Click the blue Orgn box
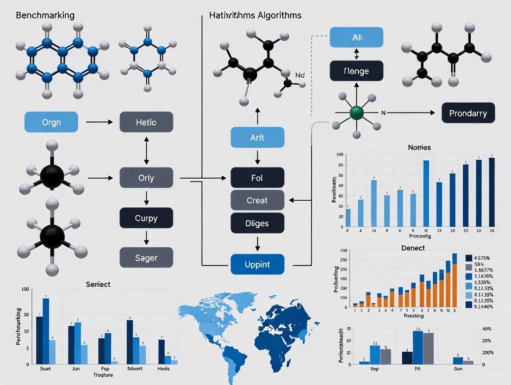(x=51, y=122)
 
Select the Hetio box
(x=146, y=122)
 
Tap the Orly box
(x=146, y=178)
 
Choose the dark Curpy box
(x=146, y=218)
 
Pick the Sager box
(x=146, y=257)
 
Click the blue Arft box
(x=257, y=138)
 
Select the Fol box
(x=257, y=178)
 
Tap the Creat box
(x=257, y=200)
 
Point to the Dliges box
(x=257, y=223)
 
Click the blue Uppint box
(x=257, y=265)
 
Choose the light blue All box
(x=356, y=37)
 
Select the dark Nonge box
(x=356, y=71)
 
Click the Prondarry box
(x=468, y=113)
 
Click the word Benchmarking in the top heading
(x=45, y=15)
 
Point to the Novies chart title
(x=419, y=147)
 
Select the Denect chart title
(x=413, y=248)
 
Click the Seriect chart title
(x=98, y=284)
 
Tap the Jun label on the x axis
(x=76, y=369)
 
